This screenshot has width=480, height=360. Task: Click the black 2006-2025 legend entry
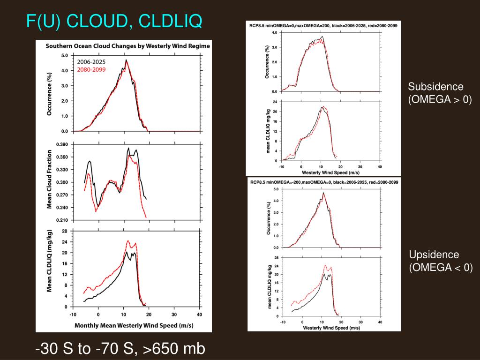point(91,62)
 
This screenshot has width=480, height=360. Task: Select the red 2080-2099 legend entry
point(91,69)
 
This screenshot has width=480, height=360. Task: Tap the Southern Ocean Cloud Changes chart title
point(127,46)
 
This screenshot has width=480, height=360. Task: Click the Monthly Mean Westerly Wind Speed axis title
point(134,325)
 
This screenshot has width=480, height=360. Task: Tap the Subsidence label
point(435,87)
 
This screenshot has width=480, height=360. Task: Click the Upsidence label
point(434,255)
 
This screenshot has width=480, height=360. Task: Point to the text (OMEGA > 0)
point(439,99)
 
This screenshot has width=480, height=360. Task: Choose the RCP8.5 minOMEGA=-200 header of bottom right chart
point(324,182)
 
